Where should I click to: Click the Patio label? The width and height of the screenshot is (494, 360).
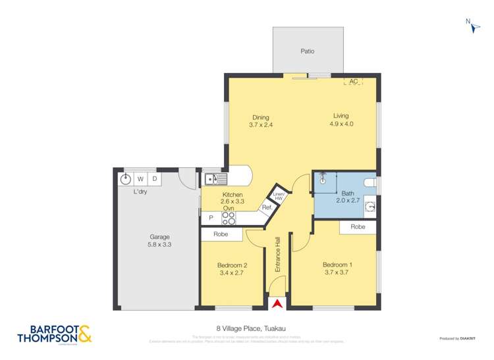coord(308,50)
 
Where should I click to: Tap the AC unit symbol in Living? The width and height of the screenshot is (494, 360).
coord(353,81)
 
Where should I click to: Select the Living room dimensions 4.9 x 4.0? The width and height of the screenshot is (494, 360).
coord(341,124)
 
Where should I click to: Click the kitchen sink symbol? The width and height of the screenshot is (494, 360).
coord(216,178)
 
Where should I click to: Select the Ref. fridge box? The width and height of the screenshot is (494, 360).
coord(267,208)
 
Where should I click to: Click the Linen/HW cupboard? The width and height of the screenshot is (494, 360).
coord(279,195)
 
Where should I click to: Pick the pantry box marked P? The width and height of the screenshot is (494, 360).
coord(211,218)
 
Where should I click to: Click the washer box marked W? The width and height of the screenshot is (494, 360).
coord(141,178)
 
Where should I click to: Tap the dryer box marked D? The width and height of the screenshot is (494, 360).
coord(155,178)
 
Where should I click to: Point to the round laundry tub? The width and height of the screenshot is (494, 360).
coord(126,178)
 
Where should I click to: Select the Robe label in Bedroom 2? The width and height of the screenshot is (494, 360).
coord(221,234)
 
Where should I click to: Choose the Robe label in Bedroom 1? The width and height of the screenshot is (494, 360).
coord(358,226)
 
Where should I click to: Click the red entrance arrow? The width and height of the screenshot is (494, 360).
coord(277,303)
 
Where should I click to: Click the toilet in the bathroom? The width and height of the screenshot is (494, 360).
coord(370,181)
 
